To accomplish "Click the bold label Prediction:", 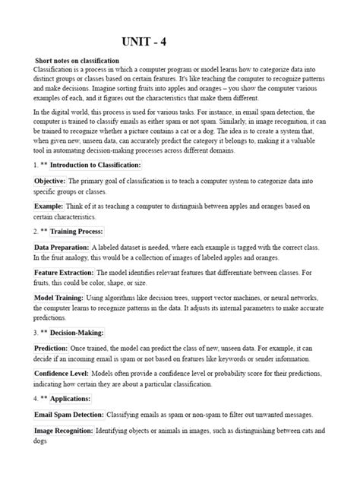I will [52, 348].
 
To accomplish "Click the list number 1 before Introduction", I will [35, 165].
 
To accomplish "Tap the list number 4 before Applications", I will [35, 398].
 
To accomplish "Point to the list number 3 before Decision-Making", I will [35, 332].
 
